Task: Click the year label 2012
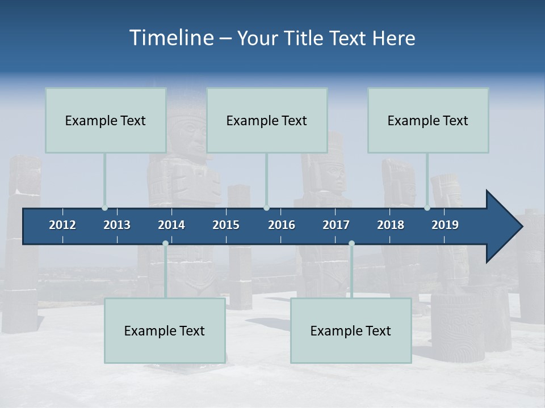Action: pos(62,225)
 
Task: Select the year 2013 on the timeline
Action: pos(117,225)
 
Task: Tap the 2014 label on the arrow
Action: pos(171,225)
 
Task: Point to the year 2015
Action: pos(226,225)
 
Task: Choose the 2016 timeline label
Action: pos(282,225)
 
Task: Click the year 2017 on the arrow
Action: pos(336,225)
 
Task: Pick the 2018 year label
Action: pos(391,225)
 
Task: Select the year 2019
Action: pos(445,225)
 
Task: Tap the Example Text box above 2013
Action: pos(106,120)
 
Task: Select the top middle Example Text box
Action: pos(267,120)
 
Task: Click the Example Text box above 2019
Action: pos(428,120)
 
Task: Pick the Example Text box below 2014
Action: pos(165,330)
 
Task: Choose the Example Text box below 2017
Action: pos(351,330)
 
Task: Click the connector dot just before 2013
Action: pos(104,208)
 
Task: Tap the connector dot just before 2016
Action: pos(266,208)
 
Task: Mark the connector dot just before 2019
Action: pos(427,208)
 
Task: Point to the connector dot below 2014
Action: pos(165,243)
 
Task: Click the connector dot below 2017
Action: pos(351,243)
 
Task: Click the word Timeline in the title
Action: pos(171,37)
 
